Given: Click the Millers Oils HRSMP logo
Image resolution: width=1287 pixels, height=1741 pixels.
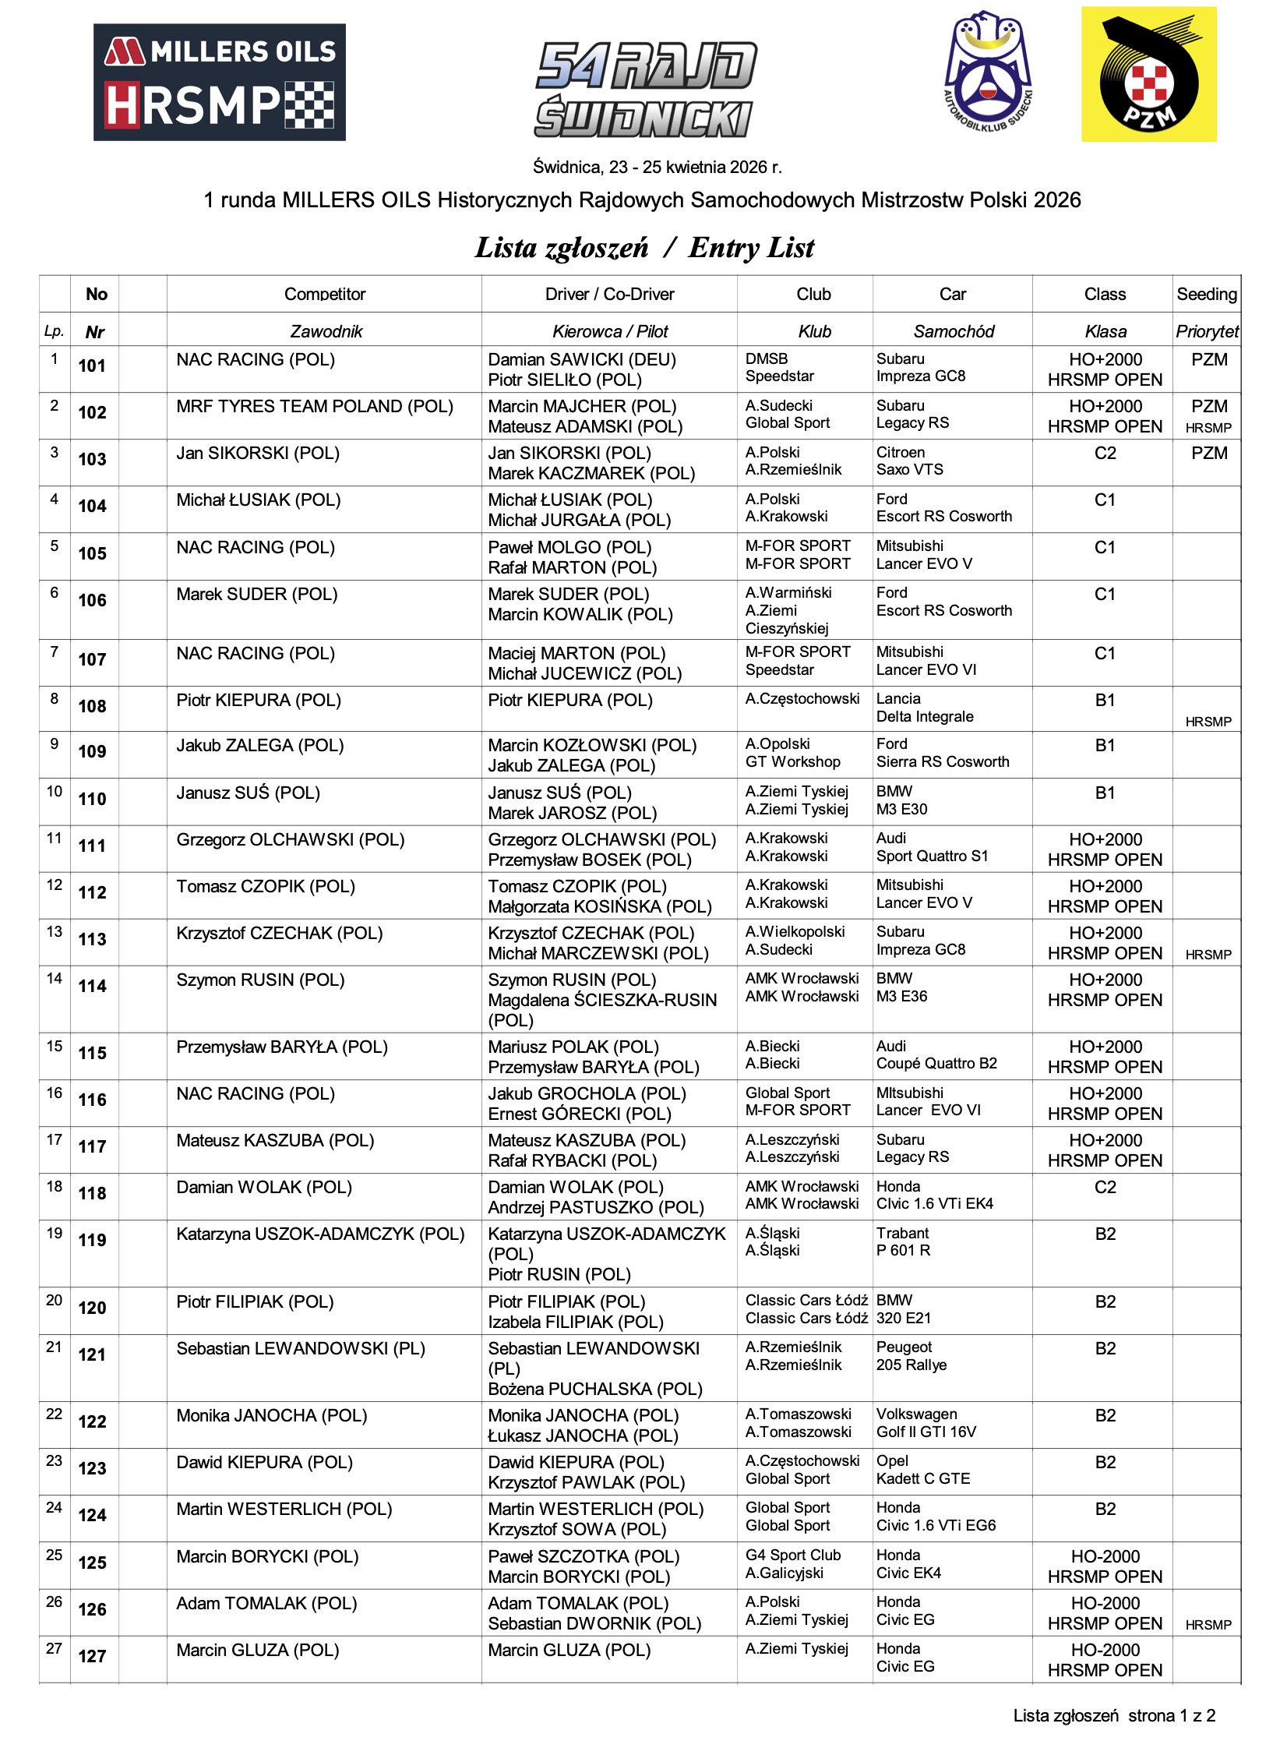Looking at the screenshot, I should click(219, 82).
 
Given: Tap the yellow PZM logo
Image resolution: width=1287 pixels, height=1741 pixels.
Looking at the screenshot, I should click(1148, 75).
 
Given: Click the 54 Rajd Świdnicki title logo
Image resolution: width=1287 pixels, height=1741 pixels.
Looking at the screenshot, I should click(646, 90).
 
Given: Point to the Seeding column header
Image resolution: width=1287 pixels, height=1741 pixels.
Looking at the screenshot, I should click(1206, 294).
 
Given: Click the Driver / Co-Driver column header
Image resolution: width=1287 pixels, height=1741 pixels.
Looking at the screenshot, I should click(609, 294).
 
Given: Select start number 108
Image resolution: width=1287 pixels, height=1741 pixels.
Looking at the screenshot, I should click(92, 707).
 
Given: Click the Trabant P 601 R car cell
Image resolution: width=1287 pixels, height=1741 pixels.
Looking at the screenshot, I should click(903, 1241).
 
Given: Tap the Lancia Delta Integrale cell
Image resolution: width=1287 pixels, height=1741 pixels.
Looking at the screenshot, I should click(925, 708).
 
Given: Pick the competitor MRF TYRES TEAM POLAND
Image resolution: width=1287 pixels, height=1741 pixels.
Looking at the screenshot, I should click(314, 407).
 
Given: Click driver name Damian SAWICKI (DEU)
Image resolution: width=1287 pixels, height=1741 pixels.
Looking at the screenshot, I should click(582, 359).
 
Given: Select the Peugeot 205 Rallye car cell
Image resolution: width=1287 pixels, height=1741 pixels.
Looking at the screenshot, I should click(911, 1356).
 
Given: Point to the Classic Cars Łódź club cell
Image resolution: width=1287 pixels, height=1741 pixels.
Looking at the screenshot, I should click(806, 1309).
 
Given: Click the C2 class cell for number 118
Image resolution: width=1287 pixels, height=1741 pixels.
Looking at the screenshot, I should click(1104, 1188).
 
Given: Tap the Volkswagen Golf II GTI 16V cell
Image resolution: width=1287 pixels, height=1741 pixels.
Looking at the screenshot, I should click(926, 1423).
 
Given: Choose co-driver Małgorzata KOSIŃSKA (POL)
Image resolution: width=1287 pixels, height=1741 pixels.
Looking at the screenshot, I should click(600, 906).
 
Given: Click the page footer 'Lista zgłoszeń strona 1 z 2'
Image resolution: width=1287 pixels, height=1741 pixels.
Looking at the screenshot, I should click(1113, 1715).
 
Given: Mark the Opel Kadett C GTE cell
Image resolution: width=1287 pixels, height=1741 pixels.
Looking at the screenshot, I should click(922, 1470).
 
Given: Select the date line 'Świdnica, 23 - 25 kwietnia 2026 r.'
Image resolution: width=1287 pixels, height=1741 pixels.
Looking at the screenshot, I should click(657, 167).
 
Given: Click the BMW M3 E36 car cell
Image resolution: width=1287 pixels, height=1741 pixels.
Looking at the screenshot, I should click(901, 987).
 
